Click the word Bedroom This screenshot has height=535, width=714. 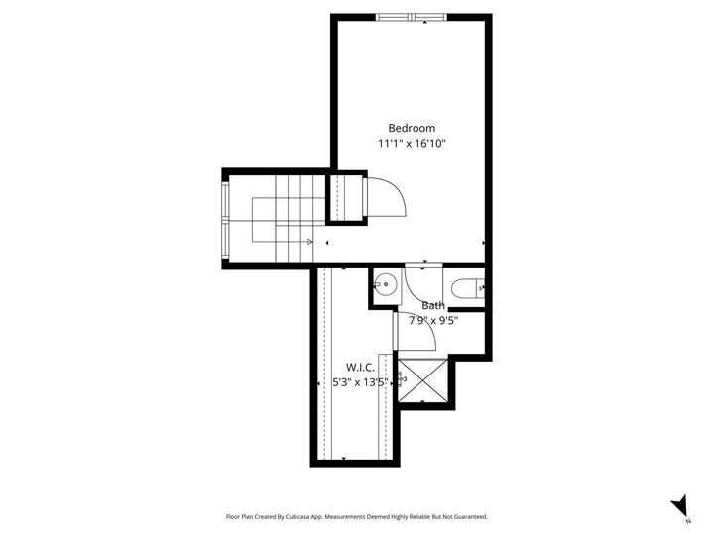[x=412, y=128]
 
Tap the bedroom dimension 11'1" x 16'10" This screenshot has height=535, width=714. [x=412, y=144]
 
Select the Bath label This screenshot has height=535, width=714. [x=433, y=306]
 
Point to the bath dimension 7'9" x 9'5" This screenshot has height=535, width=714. [x=433, y=320]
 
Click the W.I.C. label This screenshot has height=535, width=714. [x=360, y=367]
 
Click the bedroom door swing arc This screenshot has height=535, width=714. [x=389, y=198]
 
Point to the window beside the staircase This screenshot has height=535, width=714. [x=225, y=219]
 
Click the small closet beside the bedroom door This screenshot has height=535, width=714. [x=348, y=197]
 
